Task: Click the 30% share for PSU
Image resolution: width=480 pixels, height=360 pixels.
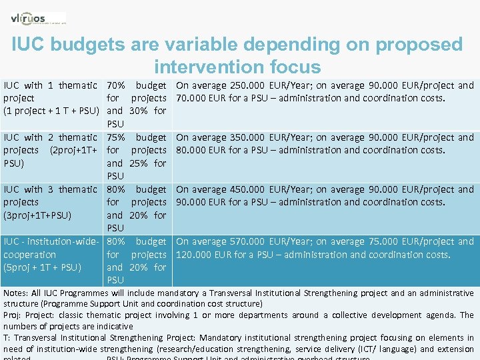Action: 139,111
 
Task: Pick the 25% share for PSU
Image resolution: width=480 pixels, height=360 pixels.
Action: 139,163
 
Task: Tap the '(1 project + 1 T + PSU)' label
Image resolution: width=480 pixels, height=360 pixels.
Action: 51,111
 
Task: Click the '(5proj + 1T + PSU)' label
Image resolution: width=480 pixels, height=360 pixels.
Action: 42,267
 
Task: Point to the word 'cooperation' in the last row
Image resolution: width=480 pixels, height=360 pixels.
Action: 30,255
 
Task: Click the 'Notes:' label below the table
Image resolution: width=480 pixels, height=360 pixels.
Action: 17,293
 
